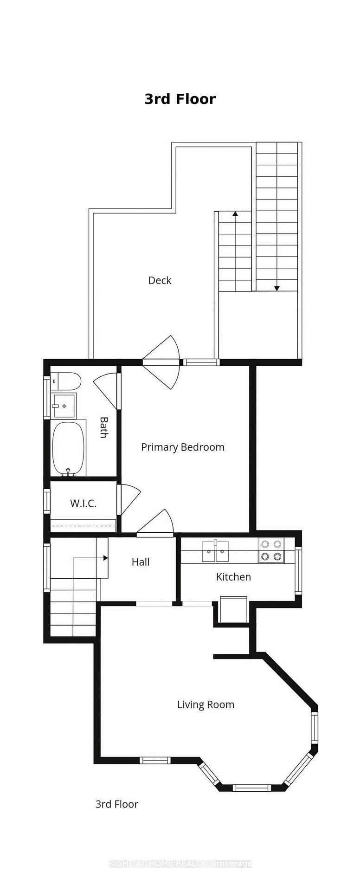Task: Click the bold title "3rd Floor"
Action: pos(180,99)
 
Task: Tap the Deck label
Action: pos(160,280)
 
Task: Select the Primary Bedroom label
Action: pos(183,447)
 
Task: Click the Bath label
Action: pos(104,427)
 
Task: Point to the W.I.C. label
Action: pos(84,504)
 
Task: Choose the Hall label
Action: pos(141,562)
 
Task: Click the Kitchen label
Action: pos(233,577)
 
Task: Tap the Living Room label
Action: pos(206,704)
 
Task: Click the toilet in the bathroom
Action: pos(66,381)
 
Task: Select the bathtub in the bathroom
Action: pos(68,448)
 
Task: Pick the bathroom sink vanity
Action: pos(64,406)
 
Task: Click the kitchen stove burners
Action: pos(271,550)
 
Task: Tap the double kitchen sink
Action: pos(215,551)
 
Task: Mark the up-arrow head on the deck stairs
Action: pos(235,214)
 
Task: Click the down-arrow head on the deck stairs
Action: pos(277,288)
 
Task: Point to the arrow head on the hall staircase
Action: pos(106,558)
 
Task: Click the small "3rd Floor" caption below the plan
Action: pos(117,804)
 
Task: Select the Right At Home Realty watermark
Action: pos(180,863)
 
